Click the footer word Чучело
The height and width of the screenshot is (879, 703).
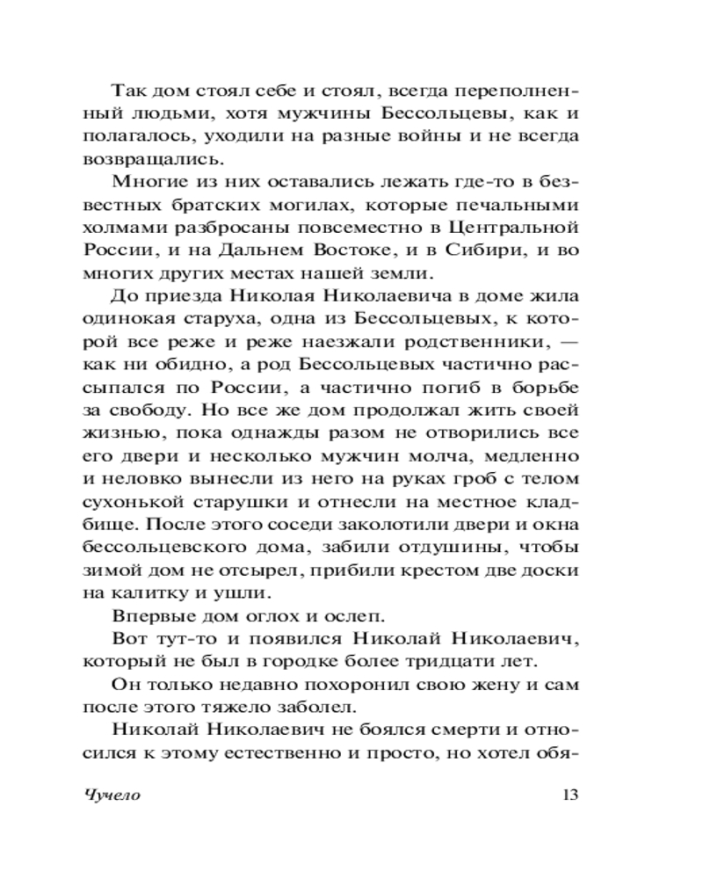tap(113, 796)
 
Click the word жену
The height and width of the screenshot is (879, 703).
tap(457, 684)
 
